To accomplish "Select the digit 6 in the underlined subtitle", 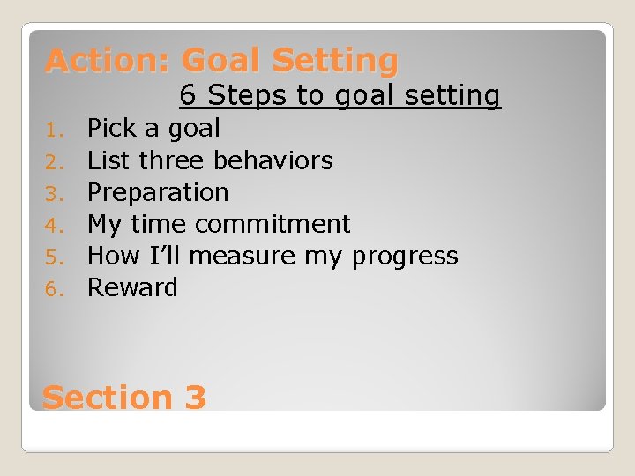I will point(188,95).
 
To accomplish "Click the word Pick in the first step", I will point(111,129).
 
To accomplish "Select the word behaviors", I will point(272,160).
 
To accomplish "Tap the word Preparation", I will point(158,192).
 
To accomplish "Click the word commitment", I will point(273,224).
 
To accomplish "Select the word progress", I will point(405,257).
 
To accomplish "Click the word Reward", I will point(132,287).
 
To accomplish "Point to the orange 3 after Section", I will point(196,398).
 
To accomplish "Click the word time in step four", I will point(161,224).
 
